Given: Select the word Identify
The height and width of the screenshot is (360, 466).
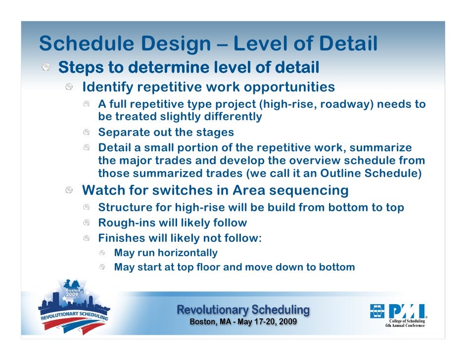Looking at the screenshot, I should [x=107, y=88].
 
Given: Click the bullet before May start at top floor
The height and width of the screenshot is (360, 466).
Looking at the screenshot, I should [x=102, y=268].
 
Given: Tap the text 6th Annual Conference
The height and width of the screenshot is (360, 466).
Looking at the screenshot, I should [x=405, y=325].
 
